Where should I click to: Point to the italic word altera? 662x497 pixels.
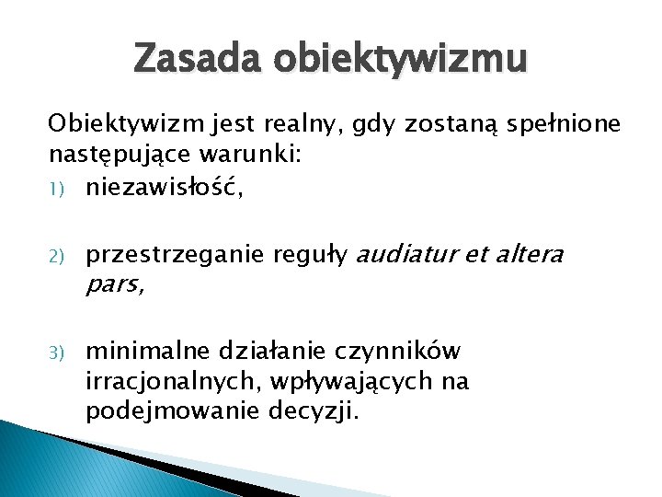(x=529, y=253)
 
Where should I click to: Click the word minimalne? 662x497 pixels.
(x=147, y=351)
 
